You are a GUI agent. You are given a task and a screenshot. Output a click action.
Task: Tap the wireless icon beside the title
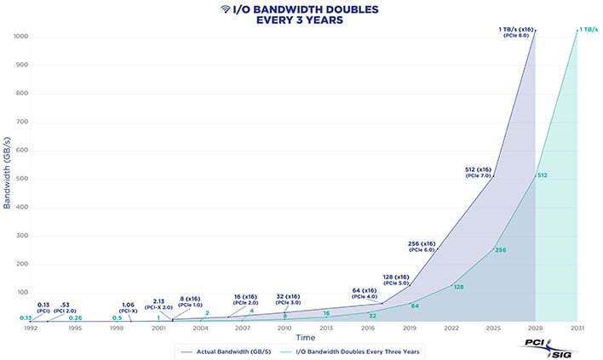[x=225, y=9]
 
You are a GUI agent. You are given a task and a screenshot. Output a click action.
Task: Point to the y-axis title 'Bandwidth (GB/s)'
[x=8, y=177]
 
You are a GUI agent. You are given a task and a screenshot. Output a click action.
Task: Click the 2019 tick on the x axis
[x=410, y=327]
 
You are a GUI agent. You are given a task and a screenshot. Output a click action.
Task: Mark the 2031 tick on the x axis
[x=577, y=327]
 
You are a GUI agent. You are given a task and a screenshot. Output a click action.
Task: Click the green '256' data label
[x=501, y=250]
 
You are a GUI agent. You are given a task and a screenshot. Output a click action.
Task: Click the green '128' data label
[x=458, y=287]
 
